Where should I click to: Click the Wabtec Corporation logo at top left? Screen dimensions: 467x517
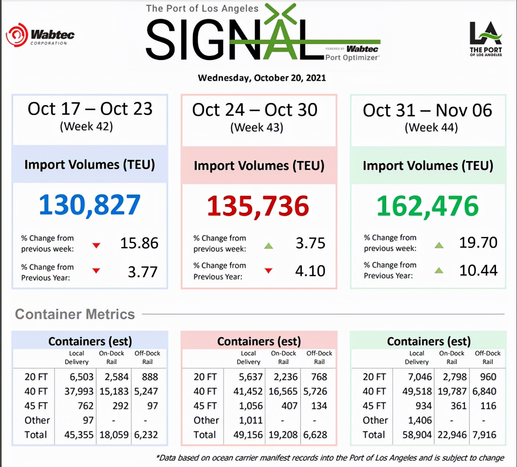pyautogui.click(x=40, y=35)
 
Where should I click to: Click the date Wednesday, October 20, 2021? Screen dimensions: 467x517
pyautogui.click(x=262, y=78)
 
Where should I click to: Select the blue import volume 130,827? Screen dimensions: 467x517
pyautogui.click(x=89, y=205)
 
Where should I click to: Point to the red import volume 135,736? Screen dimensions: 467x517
pyautogui.click(x=258, y=206)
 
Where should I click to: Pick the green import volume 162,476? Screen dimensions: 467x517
pyautogui.click(x=428, y=206)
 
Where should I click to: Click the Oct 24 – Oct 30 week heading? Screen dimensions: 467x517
pyautogui.click(x=255, y=110)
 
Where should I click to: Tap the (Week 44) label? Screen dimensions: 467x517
pyautogui.click(x=431, y=128)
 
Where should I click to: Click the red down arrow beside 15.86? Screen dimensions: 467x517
pyautogui.click(x=96, y=245)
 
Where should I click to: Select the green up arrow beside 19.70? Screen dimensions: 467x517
pyautogui.click(x=439, y=245)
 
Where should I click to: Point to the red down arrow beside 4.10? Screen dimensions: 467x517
pyautogui.click(x=268, y=271)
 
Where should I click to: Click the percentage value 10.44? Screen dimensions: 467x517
pyautogui.click(x=478, y=270)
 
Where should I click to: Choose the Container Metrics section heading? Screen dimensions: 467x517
pyautogui.click(x=75, y=314)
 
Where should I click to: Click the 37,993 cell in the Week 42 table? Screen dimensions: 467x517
pyautogui.click(x=79, y=391)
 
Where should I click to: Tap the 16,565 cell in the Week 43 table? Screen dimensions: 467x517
pyautogui.click(x=283, y=391)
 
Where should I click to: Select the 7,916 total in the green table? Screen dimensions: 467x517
pyautogui.click(x=484, y=435)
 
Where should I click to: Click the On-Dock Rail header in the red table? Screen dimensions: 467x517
pyautogui.click(x=283, y=357)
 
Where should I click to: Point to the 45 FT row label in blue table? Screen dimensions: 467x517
pyautogui.click(x=36, y=406)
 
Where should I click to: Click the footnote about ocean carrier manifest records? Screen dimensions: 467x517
pyautogui.click(x=330, y=458)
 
